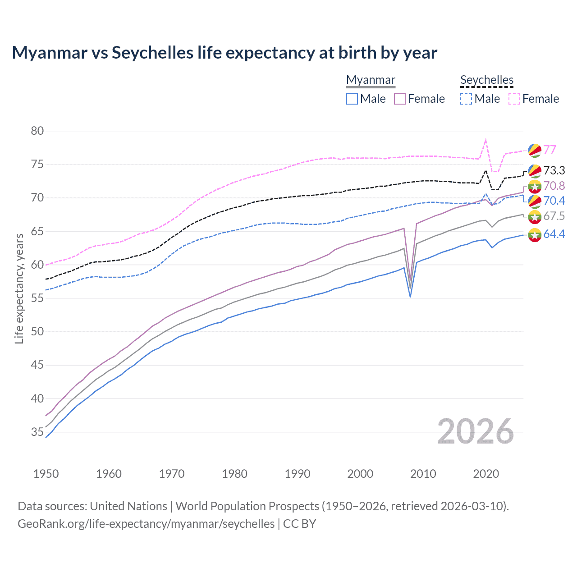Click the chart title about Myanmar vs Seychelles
coord(224,53)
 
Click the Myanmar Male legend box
coord(352,99)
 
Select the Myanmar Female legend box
coord(400,99)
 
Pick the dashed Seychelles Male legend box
coord(466,99)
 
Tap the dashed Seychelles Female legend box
coord(514,99)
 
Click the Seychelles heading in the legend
coord(487,80)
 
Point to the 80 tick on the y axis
coord(37,131)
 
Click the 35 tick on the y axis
coord(37,432)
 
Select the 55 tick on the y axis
coord(37,298)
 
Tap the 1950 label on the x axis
coord(46,474)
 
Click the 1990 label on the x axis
coord(298,474)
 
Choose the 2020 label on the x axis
coord(486,474)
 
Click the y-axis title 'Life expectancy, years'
coord(19,288)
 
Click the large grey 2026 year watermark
coord(476,431)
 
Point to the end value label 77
coord(550,150)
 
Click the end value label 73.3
coord(554,170)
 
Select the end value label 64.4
coord(554,234)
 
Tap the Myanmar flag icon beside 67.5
coord(535,217)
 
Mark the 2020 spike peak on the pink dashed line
coord(485,140)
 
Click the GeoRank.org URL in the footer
coord(146,524)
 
